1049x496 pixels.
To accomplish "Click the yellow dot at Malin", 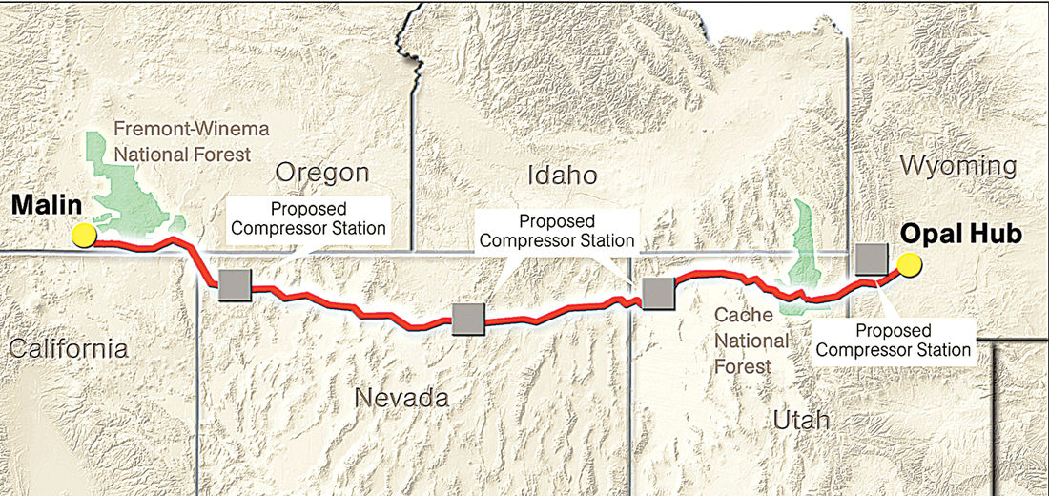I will [83, 235].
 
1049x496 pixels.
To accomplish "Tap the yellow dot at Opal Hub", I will [908, 264].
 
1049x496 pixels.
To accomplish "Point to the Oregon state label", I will [321, 173].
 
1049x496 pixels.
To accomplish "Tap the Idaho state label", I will [562, 176].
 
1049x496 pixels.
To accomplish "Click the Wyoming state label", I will [957, 167].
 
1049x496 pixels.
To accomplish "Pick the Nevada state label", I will [401, 398].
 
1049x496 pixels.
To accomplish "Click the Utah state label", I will [803, 421].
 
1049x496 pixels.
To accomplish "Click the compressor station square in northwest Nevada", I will [235, 284].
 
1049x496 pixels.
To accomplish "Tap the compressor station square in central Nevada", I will [467, 320].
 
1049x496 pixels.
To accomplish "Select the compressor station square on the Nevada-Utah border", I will [658, 293].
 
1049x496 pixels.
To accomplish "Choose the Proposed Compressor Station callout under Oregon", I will [307, 217].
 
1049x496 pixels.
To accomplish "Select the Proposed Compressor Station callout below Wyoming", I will [894, 341].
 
